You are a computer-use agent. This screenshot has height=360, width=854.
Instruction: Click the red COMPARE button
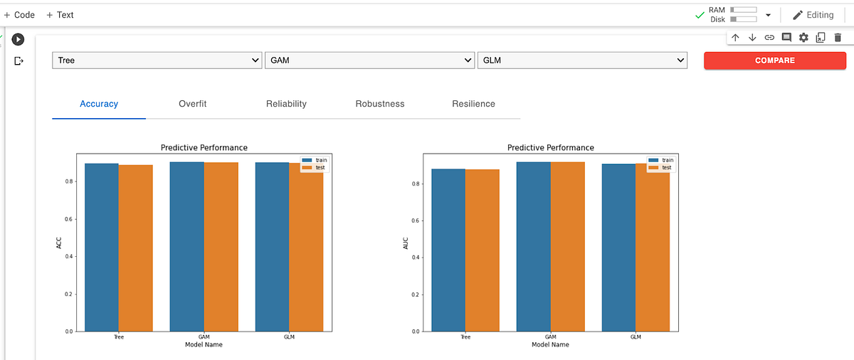coord(774,60)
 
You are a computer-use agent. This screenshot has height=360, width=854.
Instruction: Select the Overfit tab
coord(192,104)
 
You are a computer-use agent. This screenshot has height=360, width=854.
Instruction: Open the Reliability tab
coord(286,104)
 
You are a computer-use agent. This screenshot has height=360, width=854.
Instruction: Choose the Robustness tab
coord(379,104)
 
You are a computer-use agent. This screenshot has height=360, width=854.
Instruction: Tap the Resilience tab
coord(473,104)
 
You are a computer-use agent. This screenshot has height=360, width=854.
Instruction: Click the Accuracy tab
coord(99,104)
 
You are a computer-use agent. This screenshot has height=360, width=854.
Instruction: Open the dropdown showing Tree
coord(157,60)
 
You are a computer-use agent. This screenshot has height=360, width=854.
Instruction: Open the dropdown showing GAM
coord(369,60)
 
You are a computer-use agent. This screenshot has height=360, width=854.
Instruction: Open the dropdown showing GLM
coord(582,60)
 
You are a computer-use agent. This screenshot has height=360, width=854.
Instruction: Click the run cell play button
coord(18,40)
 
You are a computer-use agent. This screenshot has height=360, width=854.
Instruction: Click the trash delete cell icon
coord(837,37)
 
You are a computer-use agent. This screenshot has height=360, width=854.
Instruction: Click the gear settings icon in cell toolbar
coord(803,37)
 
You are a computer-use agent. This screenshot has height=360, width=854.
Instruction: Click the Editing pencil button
coord(813,15)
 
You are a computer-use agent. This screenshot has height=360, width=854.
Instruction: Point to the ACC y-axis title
coord(60,243)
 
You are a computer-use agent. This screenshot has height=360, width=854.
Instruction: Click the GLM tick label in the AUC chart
coord(636,337)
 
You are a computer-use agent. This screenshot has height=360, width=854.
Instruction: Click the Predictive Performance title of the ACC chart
coord(204,147)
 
